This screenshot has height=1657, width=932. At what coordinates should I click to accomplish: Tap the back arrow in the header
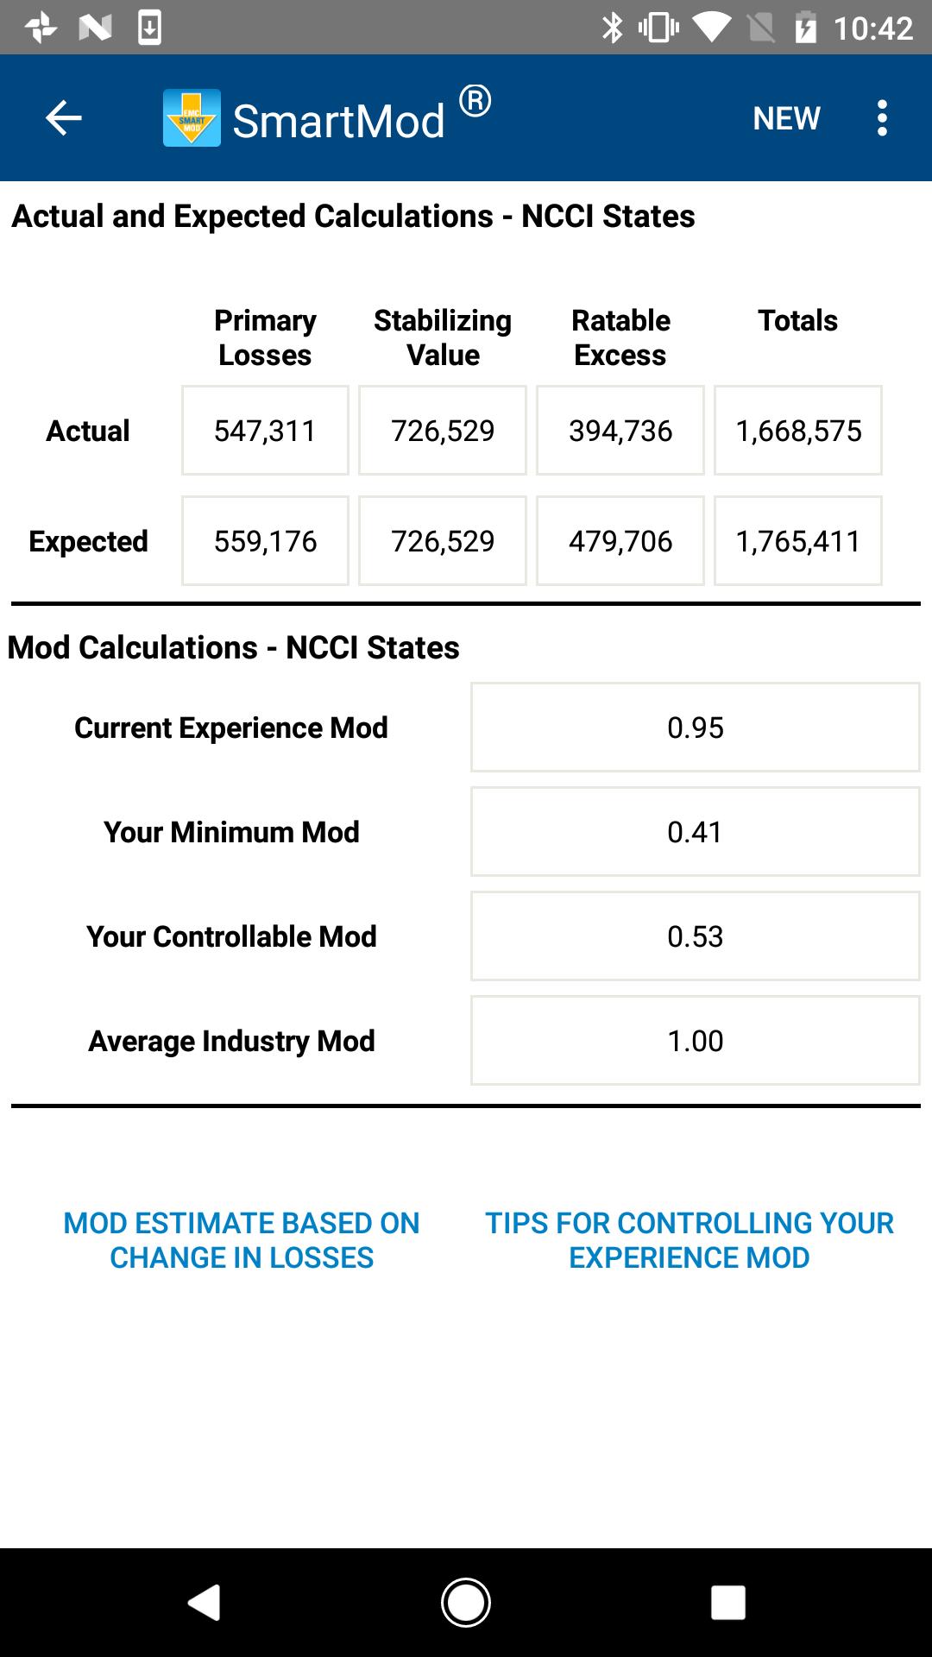(x=63, y=118)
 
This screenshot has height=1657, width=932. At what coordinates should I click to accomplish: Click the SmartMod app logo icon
(x=192, y=118)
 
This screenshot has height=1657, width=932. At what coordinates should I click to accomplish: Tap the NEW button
(x=786, y=118)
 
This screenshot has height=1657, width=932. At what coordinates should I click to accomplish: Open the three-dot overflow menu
(x=882, y=118)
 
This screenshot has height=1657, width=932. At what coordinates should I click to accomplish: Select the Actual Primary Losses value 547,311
(x=265, y=431)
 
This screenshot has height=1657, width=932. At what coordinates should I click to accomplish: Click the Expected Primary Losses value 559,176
(x=265, y=541)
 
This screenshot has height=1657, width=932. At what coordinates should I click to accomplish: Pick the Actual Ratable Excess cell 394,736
(x=620, y=431)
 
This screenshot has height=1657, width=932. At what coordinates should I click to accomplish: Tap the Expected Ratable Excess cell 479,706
(x=620, y=541)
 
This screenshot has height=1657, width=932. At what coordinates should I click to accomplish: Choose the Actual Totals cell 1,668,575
(x=798, y=431)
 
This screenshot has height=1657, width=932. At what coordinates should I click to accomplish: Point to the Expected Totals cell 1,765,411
(x=798, y=541)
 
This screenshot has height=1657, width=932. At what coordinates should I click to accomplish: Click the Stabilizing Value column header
(x=443, y=337)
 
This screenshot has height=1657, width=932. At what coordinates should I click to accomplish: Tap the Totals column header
(x=797, y=321)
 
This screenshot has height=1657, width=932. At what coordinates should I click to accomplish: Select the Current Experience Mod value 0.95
(x=695, y=728)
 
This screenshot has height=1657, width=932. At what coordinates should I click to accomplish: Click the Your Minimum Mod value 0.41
(x=695, y=832)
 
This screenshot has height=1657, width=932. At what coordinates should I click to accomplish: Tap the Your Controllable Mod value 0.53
(x=695, y=936)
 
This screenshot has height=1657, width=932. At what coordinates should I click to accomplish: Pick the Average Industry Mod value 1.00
(x=695, y=1041)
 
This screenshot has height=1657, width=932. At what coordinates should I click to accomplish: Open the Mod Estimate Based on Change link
(x=242, y=1240)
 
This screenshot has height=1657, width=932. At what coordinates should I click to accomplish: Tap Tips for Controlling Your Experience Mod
(x=689, y=1240)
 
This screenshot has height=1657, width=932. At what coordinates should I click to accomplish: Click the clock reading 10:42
(x=872, y=28)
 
